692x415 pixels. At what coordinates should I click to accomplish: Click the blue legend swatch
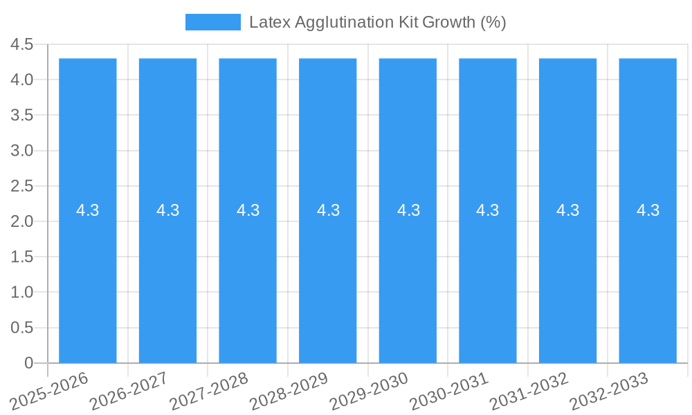pyautogui.click(x=212, y=22)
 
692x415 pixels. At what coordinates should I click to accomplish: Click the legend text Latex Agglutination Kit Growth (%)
pyautogui.click(x=377, y=22)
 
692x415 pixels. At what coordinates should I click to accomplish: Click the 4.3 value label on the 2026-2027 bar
pyautogui.click(x=167, y=210)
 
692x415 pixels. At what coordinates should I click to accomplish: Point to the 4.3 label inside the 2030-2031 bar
pyautogui.click(x=488, y=210)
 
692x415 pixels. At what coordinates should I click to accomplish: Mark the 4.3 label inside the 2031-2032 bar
pyautogui.click(x=567, y=210)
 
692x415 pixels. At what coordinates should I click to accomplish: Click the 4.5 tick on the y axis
pyautogui.click(x=22, y=44)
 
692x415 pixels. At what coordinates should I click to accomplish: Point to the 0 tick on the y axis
pyautogui.click(x=28, y=362)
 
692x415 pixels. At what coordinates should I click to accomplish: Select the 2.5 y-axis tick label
pyautogui.click(x=22, y=186)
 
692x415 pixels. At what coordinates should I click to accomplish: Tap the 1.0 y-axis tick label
pyautogui.click(x=22, y=292)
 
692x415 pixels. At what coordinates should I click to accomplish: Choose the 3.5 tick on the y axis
pyautogui.click(x=22, y=115)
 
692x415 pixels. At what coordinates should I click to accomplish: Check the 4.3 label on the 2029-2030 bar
pyautogui.click(x=408, y=210)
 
